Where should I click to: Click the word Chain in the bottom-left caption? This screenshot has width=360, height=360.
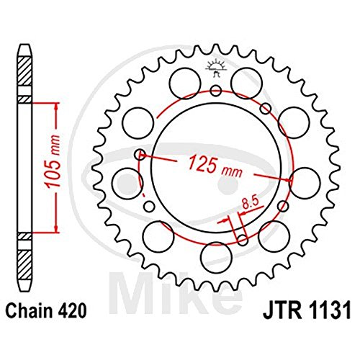(28, 311)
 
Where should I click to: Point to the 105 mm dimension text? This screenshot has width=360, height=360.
(53, 161)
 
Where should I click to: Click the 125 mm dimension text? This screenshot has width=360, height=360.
(215, 166)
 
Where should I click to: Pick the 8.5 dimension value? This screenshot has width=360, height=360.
(250, 202)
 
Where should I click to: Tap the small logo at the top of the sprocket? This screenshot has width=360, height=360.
(216, 67)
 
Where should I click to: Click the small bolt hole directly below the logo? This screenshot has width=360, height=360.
(216, 91)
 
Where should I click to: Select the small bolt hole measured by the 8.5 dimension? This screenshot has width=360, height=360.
(243, 240)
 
